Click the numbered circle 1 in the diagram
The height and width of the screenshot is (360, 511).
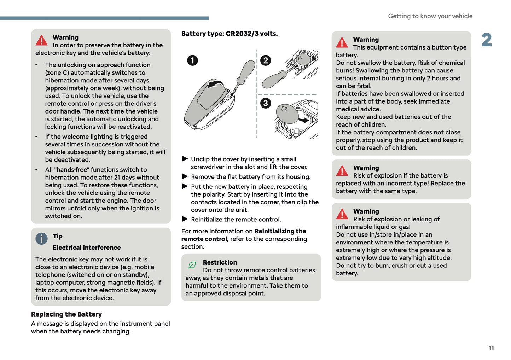(192, 60)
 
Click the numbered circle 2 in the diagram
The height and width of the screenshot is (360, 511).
(266, 60)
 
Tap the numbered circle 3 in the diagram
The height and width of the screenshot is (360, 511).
(266, 103)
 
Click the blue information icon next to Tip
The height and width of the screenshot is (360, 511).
(41, 239)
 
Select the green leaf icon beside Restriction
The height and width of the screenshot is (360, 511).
(192, 265)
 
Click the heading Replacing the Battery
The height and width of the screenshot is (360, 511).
(66, 314)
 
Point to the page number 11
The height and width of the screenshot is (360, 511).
(491, 348)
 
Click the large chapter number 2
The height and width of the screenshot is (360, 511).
(487, 40)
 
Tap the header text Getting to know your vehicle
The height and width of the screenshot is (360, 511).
(430, 16)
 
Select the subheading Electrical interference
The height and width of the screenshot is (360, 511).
(87, 248)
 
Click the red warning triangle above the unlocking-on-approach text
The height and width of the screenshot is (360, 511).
(41, 40)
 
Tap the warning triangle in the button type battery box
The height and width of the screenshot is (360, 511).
(342, 42)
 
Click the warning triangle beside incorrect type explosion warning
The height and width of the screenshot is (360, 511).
(342, 171)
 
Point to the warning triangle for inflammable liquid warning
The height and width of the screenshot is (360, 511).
(342, 214)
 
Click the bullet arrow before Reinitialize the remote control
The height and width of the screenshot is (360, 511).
(185, 219)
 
